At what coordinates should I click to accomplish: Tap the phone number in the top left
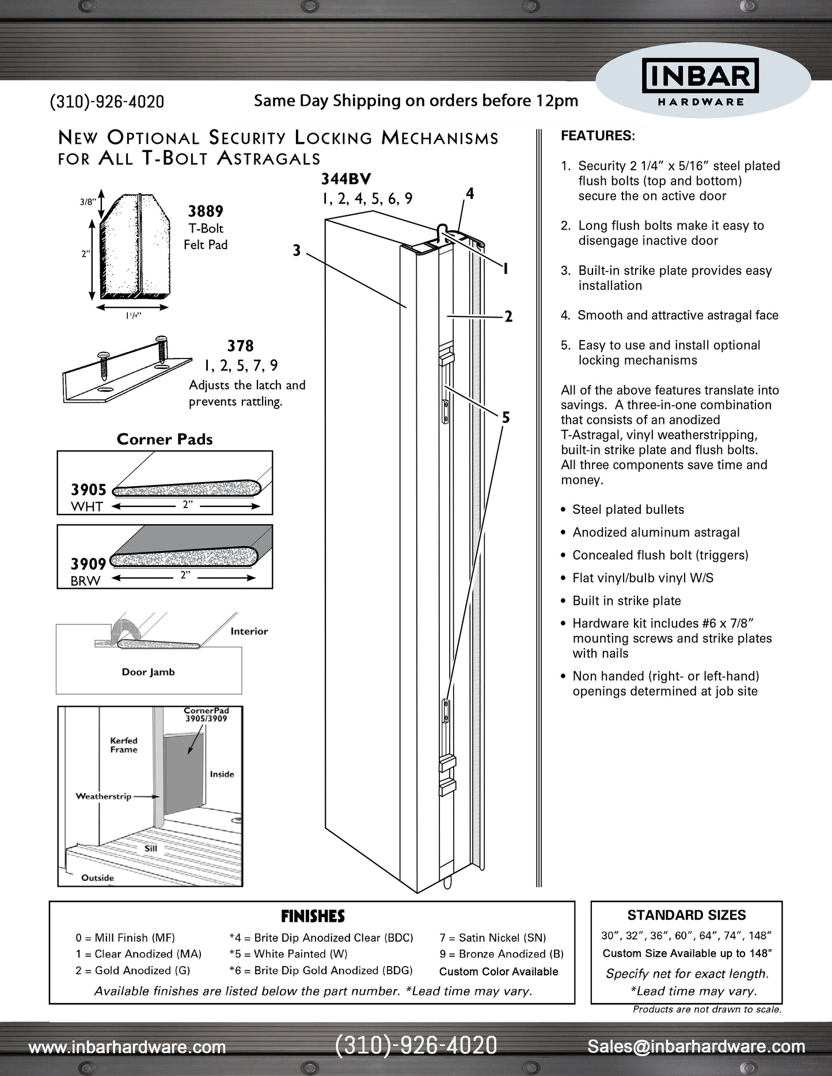click(107, 102)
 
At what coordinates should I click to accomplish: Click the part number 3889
click(206, 212)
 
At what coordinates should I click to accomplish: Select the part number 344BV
click(346, 180)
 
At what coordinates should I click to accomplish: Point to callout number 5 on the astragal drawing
click(506, 418)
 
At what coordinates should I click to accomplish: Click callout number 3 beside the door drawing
click(297, 251)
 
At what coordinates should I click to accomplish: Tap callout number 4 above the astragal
click(470, 194)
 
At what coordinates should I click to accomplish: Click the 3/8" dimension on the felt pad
click(88, 201)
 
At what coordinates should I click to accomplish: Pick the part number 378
click(240, 346)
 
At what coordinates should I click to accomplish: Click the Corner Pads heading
click(165, 439)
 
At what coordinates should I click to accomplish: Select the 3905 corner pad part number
click(89, 490)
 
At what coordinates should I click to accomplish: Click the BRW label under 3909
click(85, 581)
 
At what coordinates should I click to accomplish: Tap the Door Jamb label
click(148, 672)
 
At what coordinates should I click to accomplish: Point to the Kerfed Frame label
click(124, 745)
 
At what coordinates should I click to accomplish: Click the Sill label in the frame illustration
click(151, 848)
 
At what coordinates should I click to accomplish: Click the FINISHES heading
click(313, 916)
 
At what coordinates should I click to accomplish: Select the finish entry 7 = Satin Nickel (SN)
click(493, 938)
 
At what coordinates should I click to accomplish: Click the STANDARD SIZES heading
click(686, 915)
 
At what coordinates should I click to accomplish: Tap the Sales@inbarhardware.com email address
click(696, 1047)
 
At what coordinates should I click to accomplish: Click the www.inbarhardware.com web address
click(127, 1047)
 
